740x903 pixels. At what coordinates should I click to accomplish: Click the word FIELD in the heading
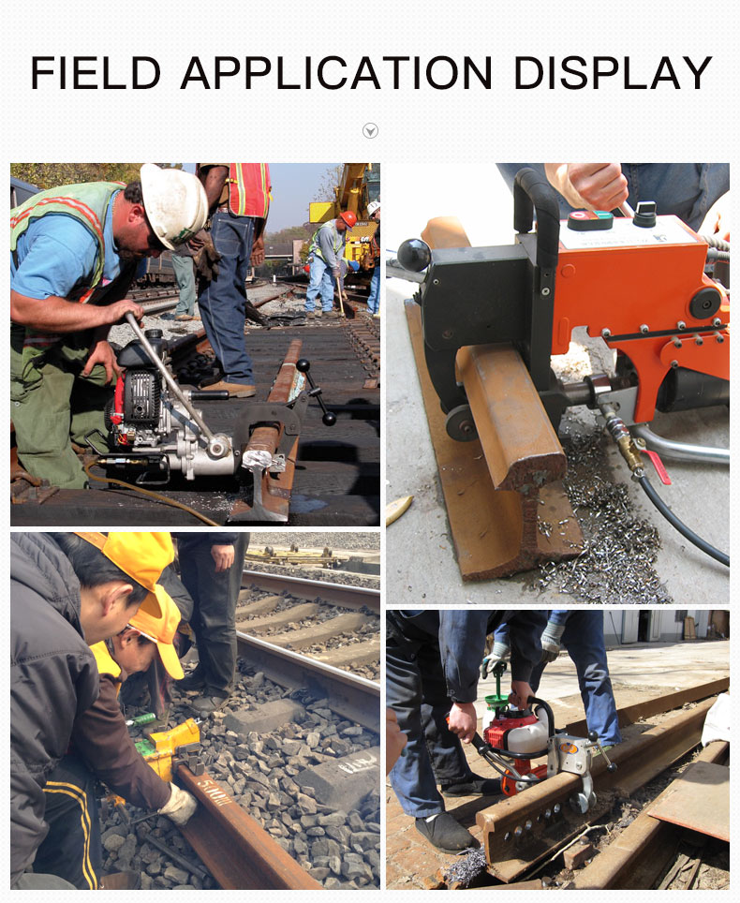[96, 73]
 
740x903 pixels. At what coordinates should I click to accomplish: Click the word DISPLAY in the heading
[613, 73]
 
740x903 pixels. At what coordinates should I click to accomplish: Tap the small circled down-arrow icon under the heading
[370, 131]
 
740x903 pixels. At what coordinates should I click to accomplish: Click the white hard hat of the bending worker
[174, 204]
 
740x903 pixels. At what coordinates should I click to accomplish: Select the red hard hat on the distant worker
[348, 219]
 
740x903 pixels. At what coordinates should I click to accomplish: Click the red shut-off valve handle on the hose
[657, 466]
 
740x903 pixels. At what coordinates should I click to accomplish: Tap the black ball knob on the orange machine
[413, 255]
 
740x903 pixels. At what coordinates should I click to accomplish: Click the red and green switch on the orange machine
[590, 220]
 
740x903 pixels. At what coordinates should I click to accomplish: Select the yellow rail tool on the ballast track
[170, 746]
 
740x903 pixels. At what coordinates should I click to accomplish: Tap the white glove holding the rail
[179, 803]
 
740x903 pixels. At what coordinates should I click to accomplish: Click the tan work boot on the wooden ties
[229, 389]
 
